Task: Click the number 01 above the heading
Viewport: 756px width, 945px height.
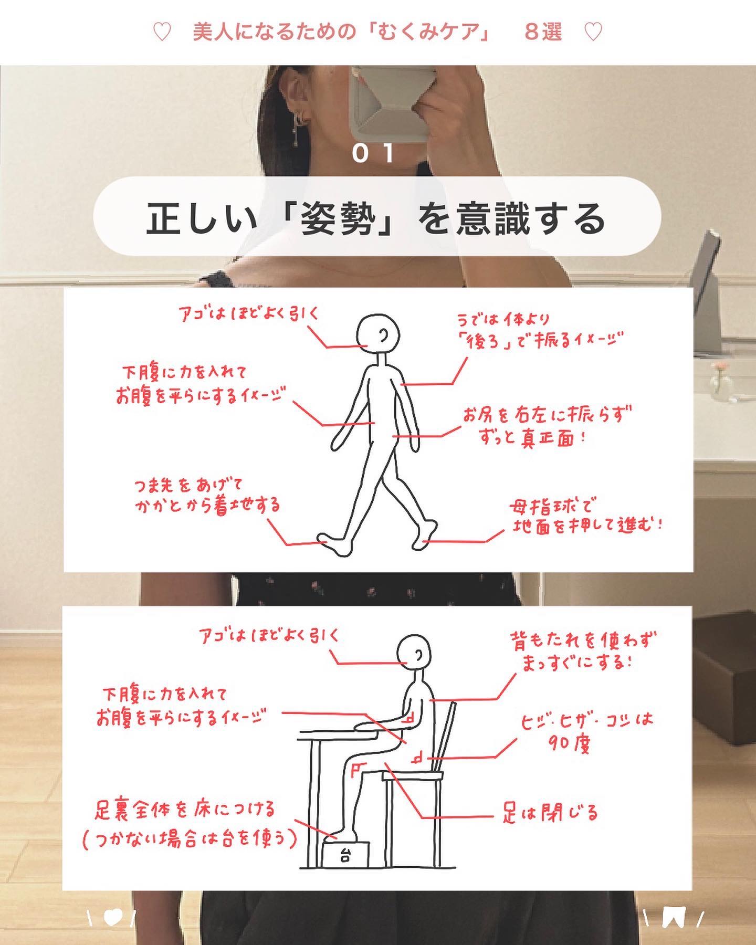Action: click(373, 153)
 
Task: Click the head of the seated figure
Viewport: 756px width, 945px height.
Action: click(414, 654)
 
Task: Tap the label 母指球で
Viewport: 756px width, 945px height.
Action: click(551, 507)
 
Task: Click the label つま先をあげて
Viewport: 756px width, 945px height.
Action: click(188, 486)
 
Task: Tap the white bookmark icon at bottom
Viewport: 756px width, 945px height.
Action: click(674, 918)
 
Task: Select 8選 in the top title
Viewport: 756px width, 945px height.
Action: click(543, 33)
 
